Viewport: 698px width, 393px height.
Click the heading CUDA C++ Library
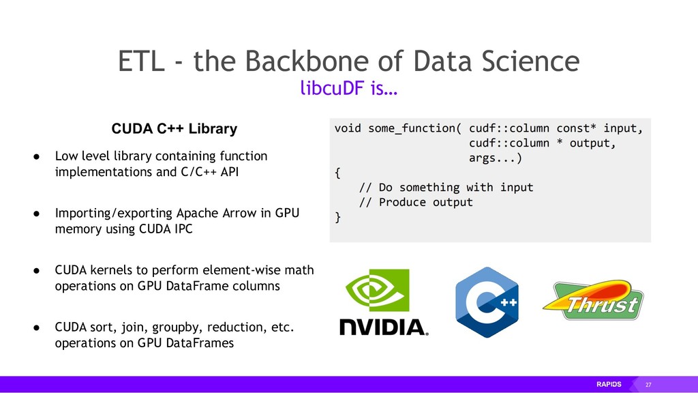pyautogui.click(x=174, y=128)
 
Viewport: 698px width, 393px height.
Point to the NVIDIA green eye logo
pyautogui.click(x=378, y=289)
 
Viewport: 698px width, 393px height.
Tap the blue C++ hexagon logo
pyautogui.click(x=485, y=302)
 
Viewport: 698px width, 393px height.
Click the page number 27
pyautogui.click(x=648, y=385)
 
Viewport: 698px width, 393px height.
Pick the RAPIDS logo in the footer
pyautogui.click(x=609, y=385)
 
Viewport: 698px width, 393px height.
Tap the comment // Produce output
pyautogui.click(x=416, y=202)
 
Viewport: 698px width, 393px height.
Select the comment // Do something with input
pyautogui.click(x=446, y=187)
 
